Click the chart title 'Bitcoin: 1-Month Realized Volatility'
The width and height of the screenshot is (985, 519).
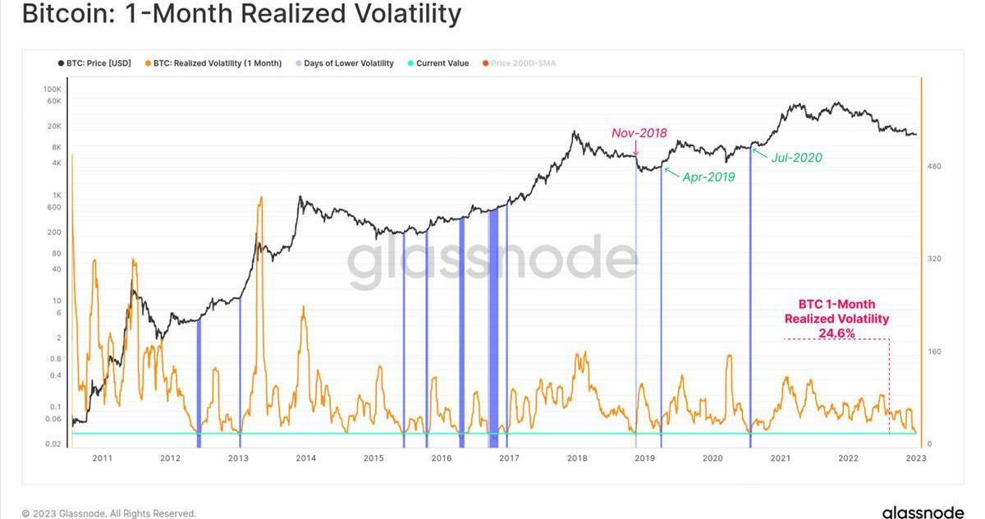pyautogui.click(x=241, y=15)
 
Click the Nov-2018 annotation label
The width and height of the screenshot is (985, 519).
pyautogui.click(x=639, y=133)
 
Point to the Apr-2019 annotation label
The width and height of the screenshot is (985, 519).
pyautogui.click(x=708, y=177)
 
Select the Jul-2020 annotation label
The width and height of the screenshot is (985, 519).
pyautogui.click(x=795, y=158)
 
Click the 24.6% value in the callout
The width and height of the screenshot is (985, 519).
pyautogui.click(x=836, y=333)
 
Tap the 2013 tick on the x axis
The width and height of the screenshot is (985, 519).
pyautogui.click(x=238, y=458)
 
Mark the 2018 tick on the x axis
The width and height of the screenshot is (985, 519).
pyautogui.click(x=577, y=458)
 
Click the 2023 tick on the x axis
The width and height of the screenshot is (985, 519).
pyautogui.click(x=915, y=458)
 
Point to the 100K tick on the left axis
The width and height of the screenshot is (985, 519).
pyautogui.click(x=53, y=89)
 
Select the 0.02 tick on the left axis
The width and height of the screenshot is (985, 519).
pyautogui.click(x=53, y=444)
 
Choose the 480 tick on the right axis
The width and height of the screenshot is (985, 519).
pyautogui.click(x=934, y=167)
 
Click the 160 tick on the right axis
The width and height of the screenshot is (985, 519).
pyautogui.click(x=934, y=351)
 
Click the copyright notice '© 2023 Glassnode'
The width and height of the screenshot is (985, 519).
pyautogui.click(x=109, y=513)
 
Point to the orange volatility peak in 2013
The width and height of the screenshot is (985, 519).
pyautogui.click(x=261, y=198)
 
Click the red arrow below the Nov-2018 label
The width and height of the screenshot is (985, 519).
pyautogui.click(x=635, y=148)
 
